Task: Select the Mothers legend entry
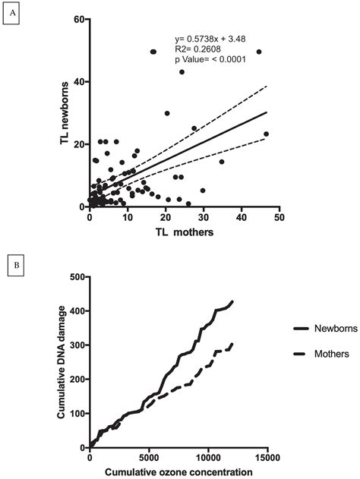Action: tap(320, 355)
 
